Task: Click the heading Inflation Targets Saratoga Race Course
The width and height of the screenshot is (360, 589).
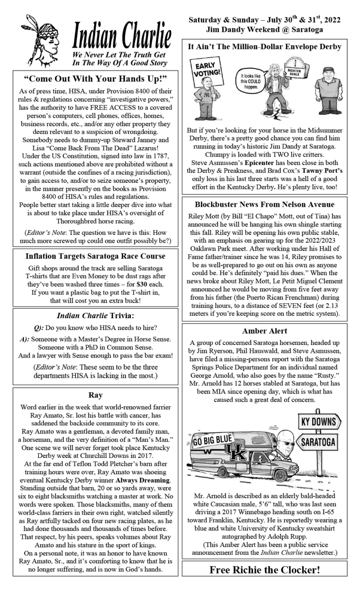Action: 95,257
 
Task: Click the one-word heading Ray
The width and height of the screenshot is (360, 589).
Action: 95,395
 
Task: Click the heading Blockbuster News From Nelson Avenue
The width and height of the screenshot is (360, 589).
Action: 264,204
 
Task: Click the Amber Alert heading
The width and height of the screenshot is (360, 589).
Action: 264,331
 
